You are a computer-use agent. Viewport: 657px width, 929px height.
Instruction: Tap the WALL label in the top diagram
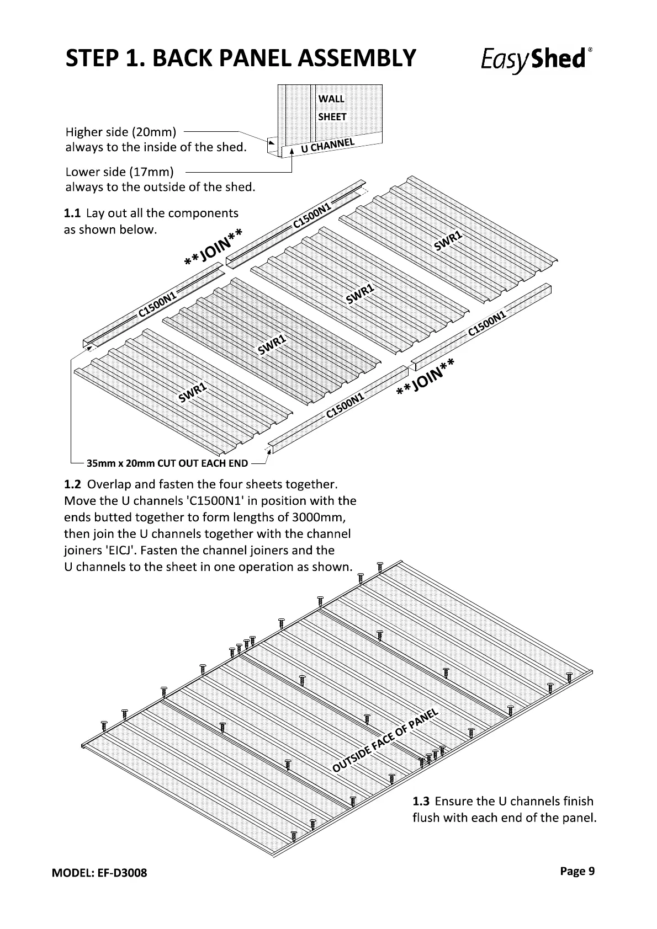[x=331, y=99]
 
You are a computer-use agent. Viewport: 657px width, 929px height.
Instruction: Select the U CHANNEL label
[x=327, y=145]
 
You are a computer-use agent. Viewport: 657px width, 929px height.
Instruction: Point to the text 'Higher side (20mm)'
[x=120, y=132]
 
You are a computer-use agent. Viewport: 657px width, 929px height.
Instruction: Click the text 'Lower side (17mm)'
[x=119, y=172]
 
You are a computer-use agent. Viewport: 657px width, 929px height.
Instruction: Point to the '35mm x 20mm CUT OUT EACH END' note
[x=167, y=463]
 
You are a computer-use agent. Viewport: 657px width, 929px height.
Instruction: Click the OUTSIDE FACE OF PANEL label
[x=385, y=740]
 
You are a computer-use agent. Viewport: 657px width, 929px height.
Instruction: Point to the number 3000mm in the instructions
[x=320, y=517]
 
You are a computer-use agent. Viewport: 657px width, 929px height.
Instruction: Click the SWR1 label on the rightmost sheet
[x=448, y=241]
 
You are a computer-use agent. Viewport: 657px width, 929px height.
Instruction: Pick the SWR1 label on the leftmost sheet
[x=192, y=393]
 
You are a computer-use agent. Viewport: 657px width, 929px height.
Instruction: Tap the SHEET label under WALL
[x=332, y=117]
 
